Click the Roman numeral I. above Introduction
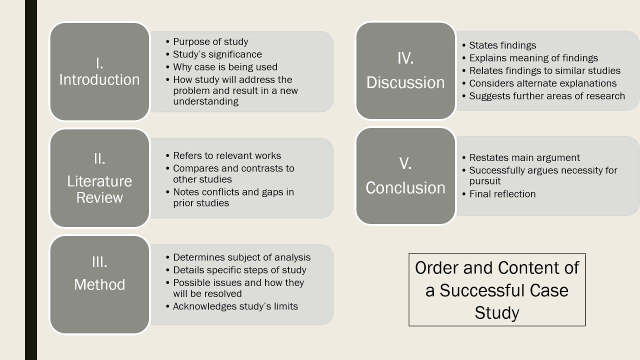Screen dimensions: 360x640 pos(99,63)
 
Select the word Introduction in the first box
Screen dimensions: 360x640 pos(99,80)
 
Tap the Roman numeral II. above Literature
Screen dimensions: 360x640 pos(99,158)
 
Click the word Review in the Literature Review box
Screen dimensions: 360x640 pos(99,197)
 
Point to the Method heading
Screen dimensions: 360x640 pos(99,284)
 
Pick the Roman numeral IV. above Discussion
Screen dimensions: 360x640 pos(405,58)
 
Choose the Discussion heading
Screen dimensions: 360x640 pos(405,82)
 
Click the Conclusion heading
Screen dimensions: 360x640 pos(405,188)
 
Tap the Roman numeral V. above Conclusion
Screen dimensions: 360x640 pos(405,163)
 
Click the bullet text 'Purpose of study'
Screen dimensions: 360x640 pos(210,42)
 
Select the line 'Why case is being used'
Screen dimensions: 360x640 pos(225,67)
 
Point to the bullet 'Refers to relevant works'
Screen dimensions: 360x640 pos(227,156)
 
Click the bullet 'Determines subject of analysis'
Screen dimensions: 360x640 pos(241,257)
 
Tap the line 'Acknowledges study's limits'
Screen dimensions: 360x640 pos(235,306)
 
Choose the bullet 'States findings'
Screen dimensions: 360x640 pos(502,45)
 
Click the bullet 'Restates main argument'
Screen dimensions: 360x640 pos(524,158)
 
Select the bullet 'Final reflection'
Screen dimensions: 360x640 pos(502,194)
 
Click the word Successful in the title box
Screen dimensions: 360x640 pos(504,290)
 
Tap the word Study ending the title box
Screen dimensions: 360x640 pos(497,313)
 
